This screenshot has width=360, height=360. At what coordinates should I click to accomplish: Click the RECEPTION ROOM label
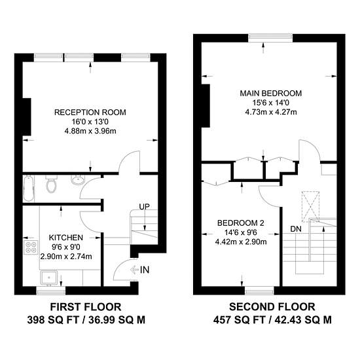[90, 113]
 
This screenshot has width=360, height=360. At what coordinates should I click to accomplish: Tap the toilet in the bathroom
[51, 183]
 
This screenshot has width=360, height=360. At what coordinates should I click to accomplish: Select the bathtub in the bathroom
[29, 189]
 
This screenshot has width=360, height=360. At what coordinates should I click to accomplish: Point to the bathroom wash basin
[78, 180]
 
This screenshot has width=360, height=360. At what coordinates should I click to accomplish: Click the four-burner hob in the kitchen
[31, 247]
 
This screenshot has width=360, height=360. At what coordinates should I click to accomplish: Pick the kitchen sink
[49, 278]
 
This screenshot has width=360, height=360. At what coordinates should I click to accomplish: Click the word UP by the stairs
[144, 207]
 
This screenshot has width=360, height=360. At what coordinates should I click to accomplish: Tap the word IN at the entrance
[145, 270]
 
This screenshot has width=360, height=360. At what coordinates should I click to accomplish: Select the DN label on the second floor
[296, 229]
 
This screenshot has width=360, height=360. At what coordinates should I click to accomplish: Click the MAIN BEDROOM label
[271, 93]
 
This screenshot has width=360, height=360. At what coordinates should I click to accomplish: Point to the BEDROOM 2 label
[241, 223]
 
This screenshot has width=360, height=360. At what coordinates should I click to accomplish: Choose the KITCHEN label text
[66, 238]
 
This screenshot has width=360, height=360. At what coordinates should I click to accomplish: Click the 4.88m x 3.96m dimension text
[90, 132]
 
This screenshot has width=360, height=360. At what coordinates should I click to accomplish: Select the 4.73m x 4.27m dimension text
[271, 113]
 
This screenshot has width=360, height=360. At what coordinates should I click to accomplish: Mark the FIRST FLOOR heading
[86, 307]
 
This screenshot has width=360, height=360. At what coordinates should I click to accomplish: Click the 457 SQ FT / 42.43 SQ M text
[272, 320]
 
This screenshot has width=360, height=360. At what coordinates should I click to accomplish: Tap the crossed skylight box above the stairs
[310, 206]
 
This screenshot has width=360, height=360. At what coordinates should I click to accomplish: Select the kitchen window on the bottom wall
[51, 291]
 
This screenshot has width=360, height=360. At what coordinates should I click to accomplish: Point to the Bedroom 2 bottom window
[259, 292]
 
